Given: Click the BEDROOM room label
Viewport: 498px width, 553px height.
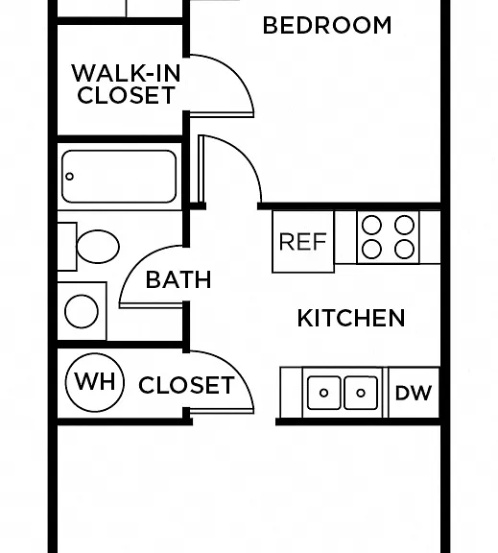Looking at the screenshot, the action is pos(327,25).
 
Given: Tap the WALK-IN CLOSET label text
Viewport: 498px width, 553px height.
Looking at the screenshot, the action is pos(126,84).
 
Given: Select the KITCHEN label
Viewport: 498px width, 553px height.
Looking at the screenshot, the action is pos(351,318).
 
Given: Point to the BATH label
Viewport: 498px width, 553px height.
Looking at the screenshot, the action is pos(178,279).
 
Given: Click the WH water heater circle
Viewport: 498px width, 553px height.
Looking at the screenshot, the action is pos(95,382).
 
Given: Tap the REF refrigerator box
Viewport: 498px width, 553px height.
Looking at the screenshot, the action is pos(303,242).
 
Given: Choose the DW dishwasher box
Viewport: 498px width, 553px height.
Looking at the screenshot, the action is pos(414,393).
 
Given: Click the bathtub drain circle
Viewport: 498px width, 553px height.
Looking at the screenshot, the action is pos(69,177).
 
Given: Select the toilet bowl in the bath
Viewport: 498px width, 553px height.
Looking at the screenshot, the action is pos(98,247).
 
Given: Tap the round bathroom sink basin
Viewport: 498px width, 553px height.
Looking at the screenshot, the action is pos(82,312).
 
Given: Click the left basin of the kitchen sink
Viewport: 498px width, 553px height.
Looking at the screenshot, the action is pos(324,393).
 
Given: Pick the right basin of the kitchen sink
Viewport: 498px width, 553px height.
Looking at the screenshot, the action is pos(361,393).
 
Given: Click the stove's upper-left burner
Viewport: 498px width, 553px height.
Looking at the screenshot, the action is pos(372,225).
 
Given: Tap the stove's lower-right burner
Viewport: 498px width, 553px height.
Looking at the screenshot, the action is pos(404,250).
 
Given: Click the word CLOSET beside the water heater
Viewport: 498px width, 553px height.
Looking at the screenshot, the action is pos(186,385).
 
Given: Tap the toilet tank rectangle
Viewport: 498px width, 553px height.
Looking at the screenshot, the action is pos(67,247).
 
